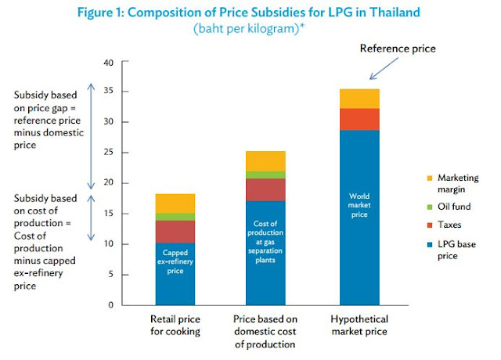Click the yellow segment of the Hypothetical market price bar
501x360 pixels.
359,99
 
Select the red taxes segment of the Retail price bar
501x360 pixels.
175,232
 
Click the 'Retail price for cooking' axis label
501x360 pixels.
175,326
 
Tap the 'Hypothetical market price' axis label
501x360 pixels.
359,326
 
